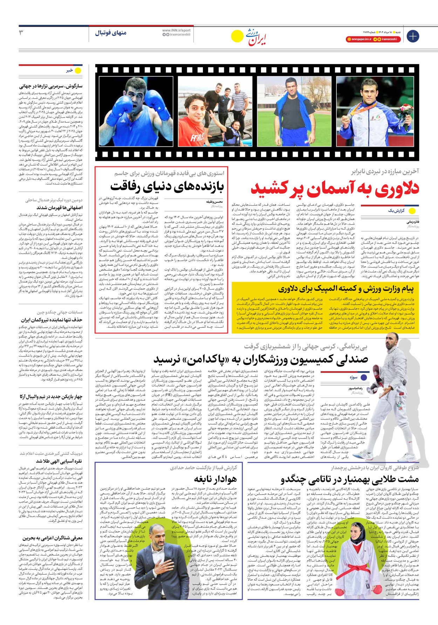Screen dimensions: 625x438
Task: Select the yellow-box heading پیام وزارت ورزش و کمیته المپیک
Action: tap(346, 289)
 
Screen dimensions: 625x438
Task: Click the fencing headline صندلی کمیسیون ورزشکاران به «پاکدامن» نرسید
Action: tap(261, 359)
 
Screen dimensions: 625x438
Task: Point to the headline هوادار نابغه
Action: tap(215, 479)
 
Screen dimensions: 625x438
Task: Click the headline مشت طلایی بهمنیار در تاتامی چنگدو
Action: tap(350, 479)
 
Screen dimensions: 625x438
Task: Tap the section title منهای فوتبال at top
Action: tap(111, 33)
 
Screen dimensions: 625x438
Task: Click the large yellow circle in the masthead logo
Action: tap(237, 36)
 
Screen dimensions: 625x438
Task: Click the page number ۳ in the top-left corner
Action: tap(21, 33)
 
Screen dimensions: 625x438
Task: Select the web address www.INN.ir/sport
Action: tap(176, 30)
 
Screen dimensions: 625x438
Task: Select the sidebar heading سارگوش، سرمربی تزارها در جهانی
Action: tap(51, 85)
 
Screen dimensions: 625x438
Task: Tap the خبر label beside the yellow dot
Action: tap(69, 70)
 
